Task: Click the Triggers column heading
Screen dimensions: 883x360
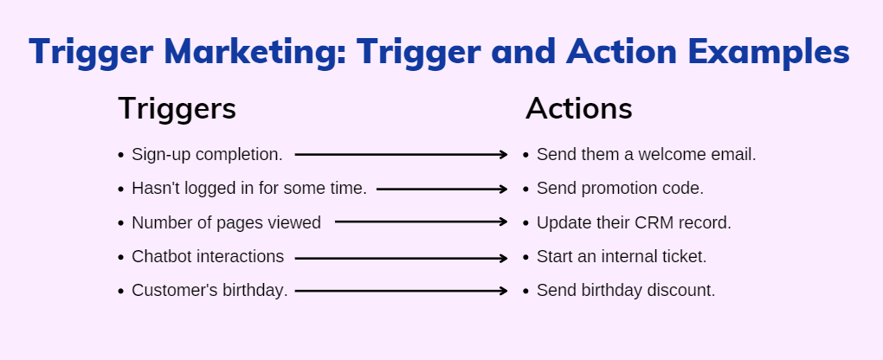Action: [x=177, y=109]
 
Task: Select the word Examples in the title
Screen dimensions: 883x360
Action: [x=769, y=53]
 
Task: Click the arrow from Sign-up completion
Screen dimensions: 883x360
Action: [x=401, y=154]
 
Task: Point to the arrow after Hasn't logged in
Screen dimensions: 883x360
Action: [x=442, y=190]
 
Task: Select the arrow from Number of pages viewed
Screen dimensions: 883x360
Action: [x=422, y=222]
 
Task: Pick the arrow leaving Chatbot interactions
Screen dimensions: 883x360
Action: [x=401, y=259]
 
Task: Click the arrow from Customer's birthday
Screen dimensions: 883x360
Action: [x=401, y=291]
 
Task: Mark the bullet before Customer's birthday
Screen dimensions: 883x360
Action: [x=120, y=292]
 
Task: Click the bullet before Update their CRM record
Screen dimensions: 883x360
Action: [x=526, y=223]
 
